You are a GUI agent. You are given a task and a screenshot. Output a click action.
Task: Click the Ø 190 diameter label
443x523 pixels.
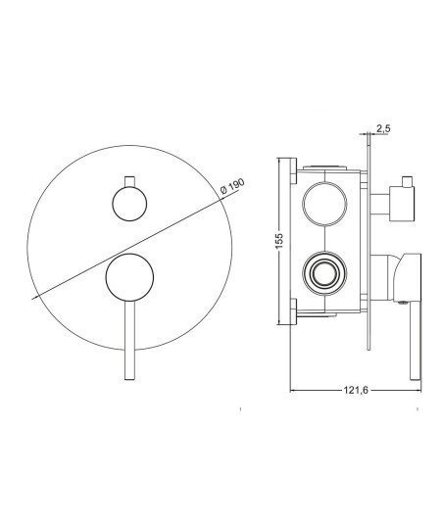tap(232, 186)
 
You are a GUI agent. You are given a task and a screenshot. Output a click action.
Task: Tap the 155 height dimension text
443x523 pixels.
tap(278, 240)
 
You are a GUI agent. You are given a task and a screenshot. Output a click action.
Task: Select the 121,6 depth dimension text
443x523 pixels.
tap(356, 390)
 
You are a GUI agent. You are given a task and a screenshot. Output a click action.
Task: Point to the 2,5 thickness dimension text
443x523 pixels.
tap(383, 128)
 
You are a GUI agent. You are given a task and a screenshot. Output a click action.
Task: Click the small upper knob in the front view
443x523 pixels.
tap(129, 204)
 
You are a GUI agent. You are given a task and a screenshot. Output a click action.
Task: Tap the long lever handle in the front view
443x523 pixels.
tap(129, 340)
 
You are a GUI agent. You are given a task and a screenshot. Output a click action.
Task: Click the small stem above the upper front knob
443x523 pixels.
tap(129, 181)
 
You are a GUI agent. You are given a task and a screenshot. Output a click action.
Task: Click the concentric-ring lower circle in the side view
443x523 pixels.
tap(324, 273)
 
